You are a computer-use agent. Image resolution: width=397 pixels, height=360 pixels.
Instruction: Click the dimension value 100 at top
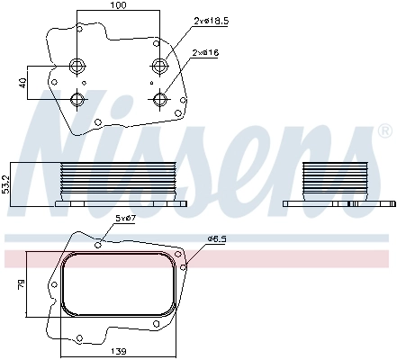tap(119, 6)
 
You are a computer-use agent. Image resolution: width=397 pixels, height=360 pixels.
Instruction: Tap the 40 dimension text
tap(23, 82)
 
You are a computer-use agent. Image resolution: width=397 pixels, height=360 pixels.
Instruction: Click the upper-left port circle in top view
tap(76, 65)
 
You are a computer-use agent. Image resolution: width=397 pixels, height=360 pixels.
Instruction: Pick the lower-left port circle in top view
tap(76, 98)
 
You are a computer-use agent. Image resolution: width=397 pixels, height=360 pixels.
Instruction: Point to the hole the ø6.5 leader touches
tap(184, 265)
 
